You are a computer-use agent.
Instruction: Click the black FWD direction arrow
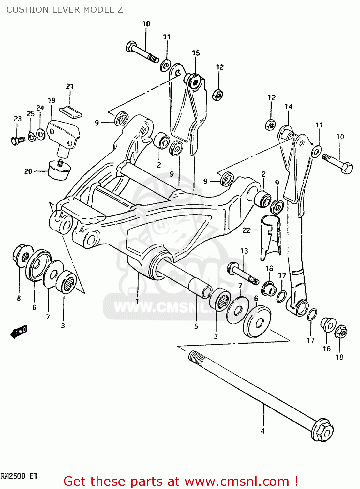(19, 332)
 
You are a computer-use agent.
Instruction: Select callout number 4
(262, 431)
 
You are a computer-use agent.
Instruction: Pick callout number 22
(247, 230)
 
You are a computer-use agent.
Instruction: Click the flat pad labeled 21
(71, 111)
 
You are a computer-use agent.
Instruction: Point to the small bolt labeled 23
(18, 141)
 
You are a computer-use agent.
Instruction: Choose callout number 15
(196, 53)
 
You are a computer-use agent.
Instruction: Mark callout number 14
(288, 106)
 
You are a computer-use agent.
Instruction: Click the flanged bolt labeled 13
(243, 274)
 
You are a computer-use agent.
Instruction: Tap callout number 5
(196, 326)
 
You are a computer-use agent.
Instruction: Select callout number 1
(137, 301)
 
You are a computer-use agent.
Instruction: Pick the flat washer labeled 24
(41, 134)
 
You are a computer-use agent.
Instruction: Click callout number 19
(52, 100)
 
